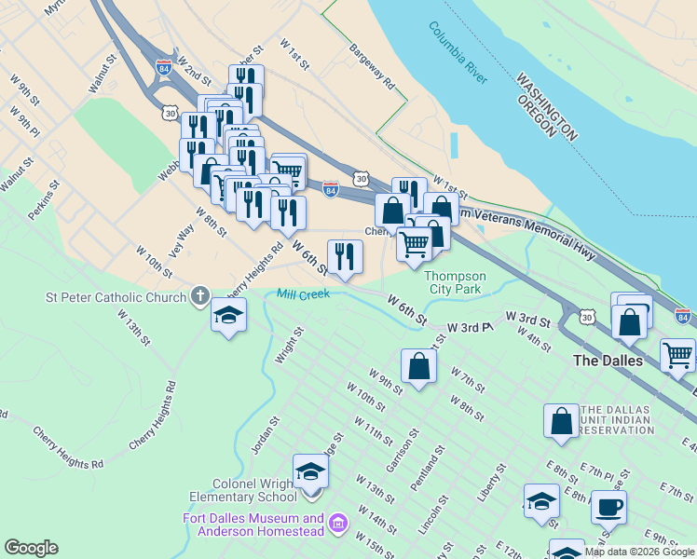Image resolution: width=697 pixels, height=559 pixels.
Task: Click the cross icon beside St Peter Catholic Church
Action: click(x=199, y=298)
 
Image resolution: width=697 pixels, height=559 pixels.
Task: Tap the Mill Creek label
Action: click(x=302, y=294)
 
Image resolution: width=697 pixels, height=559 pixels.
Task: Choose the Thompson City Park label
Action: click(x=455, y=282)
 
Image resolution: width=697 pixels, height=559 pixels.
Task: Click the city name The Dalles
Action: click(x=608, y=361)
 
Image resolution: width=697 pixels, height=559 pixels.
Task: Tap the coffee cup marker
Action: click(x=608, y=508)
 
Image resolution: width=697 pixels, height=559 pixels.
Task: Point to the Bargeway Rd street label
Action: click(x=372, y=69)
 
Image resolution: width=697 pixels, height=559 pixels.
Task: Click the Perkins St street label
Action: click(x=44, y=200)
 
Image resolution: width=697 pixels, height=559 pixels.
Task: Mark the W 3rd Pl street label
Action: click(x=469, y=328)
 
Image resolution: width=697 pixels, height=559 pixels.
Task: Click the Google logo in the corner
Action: click(x=31, y=548)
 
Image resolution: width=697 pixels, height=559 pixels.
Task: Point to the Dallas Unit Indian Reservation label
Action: click(x=616, y=420)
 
